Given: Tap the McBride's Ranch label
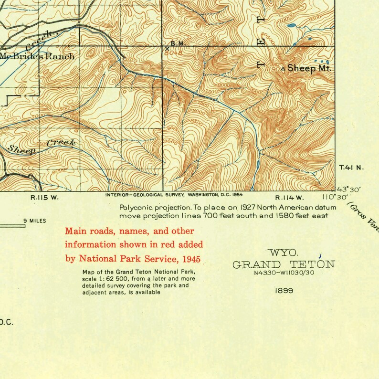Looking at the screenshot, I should (37, 56).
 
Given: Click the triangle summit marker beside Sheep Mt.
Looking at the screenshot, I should (285, 69).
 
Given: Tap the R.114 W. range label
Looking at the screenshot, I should (289, 198).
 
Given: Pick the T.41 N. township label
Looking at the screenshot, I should (351, 168).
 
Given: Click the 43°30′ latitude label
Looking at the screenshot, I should (349, 189).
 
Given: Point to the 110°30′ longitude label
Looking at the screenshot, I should (335, 197).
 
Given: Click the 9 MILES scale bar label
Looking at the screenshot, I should (34, 221).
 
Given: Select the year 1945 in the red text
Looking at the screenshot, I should (189, 259).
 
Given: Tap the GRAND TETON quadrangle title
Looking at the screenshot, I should (284, 264).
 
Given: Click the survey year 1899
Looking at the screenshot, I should (284, 290).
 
